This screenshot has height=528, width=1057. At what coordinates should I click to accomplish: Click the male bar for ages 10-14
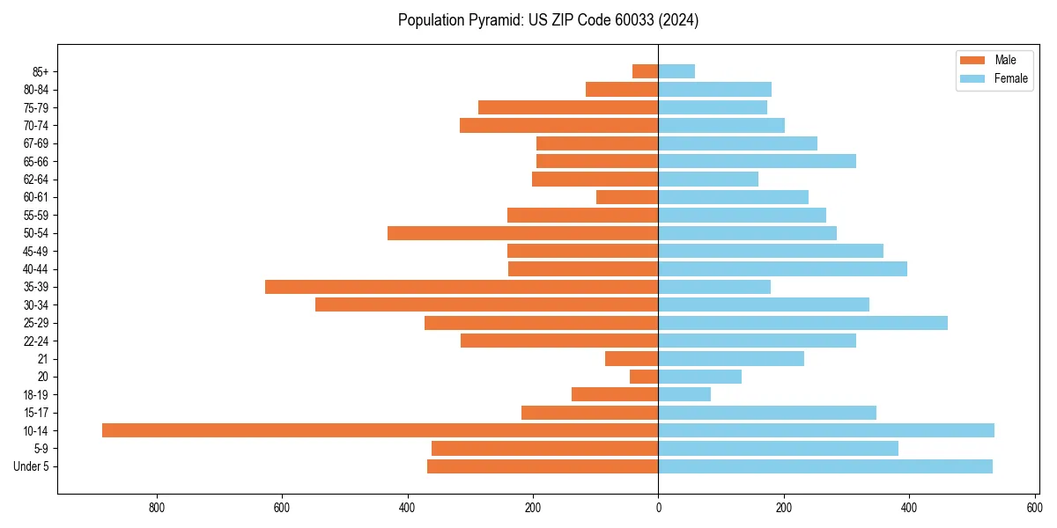click(380, 430)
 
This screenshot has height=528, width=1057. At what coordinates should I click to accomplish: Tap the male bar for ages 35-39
click(462, 287)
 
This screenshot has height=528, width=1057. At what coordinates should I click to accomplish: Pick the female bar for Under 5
click(825, 466)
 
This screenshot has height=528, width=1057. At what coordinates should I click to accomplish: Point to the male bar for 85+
click(645, 71)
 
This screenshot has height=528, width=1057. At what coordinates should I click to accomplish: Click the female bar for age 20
click(699, 377)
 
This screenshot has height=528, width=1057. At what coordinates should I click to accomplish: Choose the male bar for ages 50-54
click(522, 233)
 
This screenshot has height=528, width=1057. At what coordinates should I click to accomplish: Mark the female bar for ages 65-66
click(757, 161)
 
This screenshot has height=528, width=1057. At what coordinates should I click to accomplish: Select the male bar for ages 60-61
click(627, 197)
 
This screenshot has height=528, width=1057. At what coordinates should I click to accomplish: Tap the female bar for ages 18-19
click(684, 394)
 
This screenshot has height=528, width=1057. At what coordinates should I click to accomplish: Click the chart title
click(548, 20)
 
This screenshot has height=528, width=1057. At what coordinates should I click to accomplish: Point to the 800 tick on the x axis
click(158, 508)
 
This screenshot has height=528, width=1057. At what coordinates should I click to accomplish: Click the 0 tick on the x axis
click(658, 508)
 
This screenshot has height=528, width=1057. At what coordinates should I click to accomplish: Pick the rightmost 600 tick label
click(1034, 508)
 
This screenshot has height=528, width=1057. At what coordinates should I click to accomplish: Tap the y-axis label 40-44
click(35, 269)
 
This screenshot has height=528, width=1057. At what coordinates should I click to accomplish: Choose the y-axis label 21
click(42, 359)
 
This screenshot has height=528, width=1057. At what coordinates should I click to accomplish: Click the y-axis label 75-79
click(35, 107)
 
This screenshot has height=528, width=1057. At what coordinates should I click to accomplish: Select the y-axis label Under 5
click(31, 466)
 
